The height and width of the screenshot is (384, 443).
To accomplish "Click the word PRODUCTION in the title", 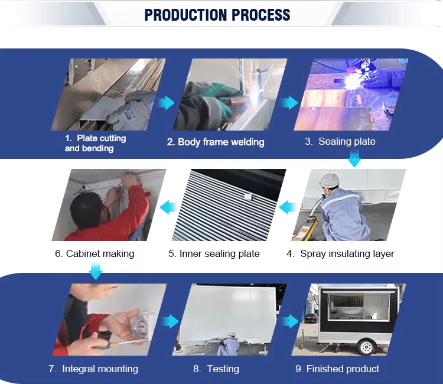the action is [185, 15].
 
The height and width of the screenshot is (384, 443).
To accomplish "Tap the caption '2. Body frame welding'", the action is [216, 142].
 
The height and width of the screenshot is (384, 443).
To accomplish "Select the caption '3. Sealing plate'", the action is [340, 141].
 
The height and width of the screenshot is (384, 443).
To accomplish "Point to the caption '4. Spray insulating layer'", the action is [340, 254].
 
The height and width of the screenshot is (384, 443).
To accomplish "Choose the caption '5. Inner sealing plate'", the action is [214, 254].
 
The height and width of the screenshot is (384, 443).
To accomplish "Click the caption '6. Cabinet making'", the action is [95, 254].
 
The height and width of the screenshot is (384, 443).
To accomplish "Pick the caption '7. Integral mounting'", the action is [93, 369].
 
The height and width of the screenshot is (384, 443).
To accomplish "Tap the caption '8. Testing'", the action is [216, 369].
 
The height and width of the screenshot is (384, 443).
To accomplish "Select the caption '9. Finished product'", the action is [337, 369].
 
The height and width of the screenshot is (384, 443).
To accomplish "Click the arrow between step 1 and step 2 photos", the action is [165, 103].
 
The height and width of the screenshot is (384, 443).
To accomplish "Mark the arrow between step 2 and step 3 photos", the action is [289, 103].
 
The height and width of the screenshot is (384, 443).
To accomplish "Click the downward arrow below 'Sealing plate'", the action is [354, 158].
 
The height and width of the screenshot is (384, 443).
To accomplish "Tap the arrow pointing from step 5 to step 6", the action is [169, 207].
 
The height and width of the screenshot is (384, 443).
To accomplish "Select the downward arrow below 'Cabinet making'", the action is [96, 271].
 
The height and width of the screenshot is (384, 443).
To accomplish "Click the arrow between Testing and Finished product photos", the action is [289, 321].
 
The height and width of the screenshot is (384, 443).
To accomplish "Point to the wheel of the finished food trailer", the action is [366, 346].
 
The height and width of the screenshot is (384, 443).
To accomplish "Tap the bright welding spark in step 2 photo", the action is [256, 96].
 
